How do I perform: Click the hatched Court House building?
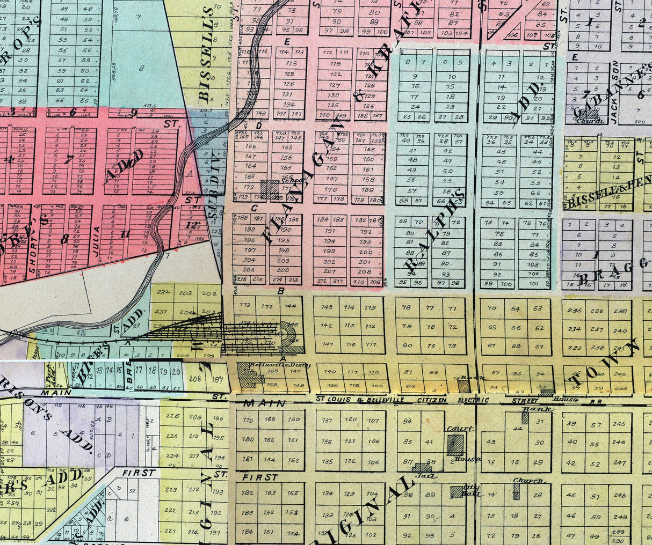[455, 445]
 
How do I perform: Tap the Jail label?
[429, 475]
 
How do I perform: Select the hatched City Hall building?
[457, 491]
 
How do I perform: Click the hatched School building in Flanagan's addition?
[270, 189]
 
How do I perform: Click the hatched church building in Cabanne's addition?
[590, 114]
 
